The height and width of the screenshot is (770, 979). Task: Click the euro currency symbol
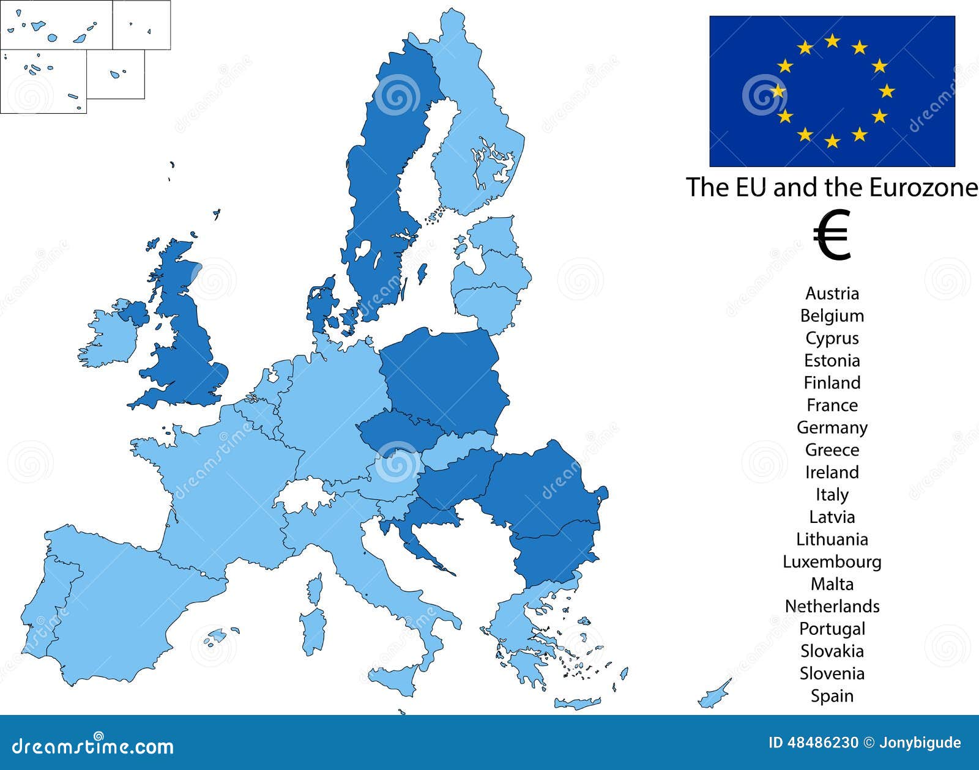click(x=832, y=235)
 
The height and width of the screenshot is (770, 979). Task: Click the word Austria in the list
click(x=832, y=294)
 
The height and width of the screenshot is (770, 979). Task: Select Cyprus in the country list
click(x=832, y=338)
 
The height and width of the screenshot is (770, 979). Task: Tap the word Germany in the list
click(x=832, y=428)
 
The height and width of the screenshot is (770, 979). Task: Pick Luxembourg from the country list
click(x=832, y=561)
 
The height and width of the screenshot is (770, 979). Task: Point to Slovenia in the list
click(x=832, y=673)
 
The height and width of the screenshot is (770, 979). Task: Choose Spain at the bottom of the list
click(x=832, y=696)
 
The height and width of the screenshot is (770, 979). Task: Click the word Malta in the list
click(x=832, y=584)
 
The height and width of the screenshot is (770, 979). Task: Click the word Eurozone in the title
click(x=923, y=187)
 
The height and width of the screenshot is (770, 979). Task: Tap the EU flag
click(x=832, y=91)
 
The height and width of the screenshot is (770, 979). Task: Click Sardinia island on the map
click(x=313, y=630)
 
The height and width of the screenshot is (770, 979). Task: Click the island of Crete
click(x=578, y=703)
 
